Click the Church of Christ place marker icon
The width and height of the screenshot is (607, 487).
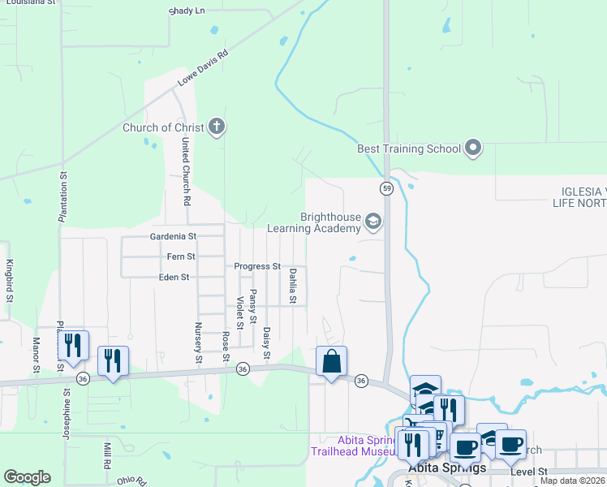pos(216,127)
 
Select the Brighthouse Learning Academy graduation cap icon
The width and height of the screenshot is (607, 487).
pos(373,222)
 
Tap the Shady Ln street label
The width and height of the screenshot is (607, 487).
pos(187,11)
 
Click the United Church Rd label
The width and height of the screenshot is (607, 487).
pos(186,170)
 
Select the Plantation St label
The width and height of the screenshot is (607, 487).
pos(62,196)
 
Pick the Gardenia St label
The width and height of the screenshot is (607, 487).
pos(174,237)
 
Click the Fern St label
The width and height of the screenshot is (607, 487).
pos(180,256)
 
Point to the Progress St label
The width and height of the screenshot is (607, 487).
pos(257,266)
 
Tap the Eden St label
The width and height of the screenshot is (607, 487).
pos(174,277)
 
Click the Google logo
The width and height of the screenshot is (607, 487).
pos(27,477)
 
